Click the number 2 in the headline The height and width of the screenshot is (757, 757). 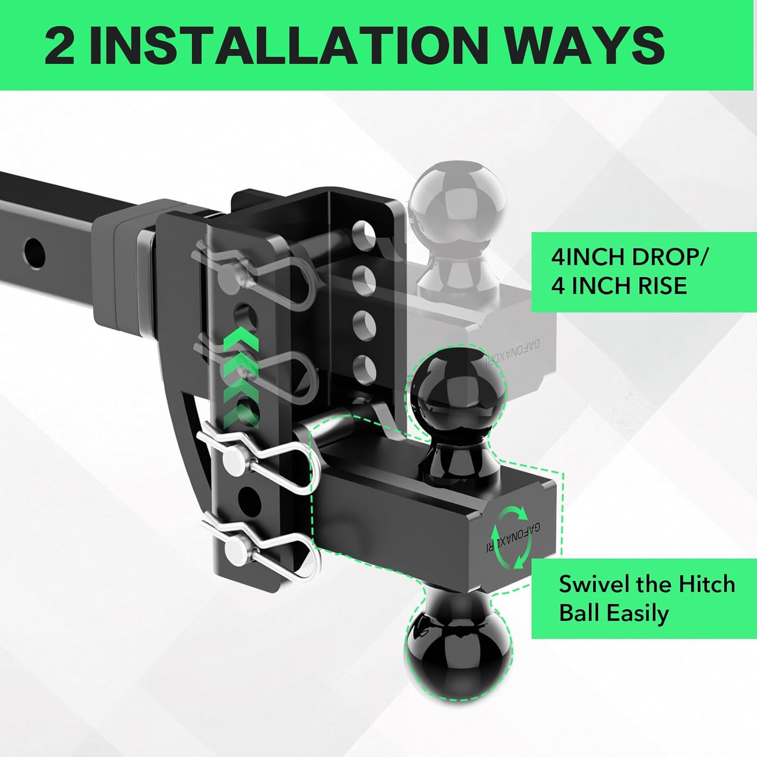click(x=60, y=45)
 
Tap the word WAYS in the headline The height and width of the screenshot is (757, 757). click(x=586, y=45)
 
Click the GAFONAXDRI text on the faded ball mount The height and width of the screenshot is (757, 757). click(x=512, y=353)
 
